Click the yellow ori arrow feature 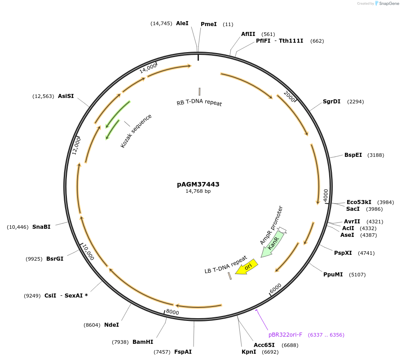[247, 267]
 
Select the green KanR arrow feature [273, 245]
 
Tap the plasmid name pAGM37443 [198, 184]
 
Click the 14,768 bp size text [198, 191]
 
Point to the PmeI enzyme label [208, 24]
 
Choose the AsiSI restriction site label [66, 96]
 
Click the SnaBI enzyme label [41, 227]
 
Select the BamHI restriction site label [143, 342]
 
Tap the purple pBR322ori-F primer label [285, 335]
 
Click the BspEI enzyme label [353, 155]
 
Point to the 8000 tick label [172, 312]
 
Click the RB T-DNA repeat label [199, 103]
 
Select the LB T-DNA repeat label [225, 265]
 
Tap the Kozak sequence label [136, 131]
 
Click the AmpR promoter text [271, 225]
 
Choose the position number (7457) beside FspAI [162, 352]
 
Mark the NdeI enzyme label [111, 324]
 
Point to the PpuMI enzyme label [333, 274]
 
